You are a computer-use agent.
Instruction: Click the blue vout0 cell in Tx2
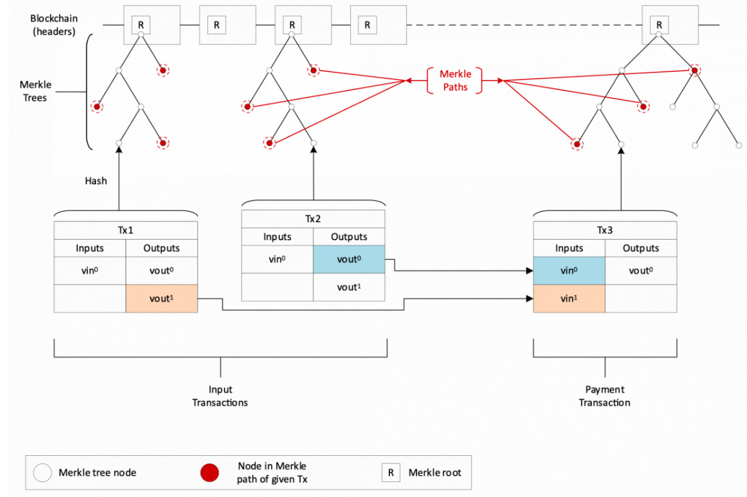[349, 259]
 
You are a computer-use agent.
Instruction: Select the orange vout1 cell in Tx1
[162, 299]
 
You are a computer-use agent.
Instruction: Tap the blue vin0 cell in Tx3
[569, 271]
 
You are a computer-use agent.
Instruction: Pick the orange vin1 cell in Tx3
[569, 299]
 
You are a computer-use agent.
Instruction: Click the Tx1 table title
[126, 230]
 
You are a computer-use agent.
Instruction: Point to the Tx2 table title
[313, 219]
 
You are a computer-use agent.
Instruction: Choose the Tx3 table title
[605, 230]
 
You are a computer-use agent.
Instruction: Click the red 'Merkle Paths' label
[455, 80]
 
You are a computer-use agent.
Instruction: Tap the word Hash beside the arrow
[96, 181]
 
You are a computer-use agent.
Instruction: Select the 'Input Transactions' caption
[220, 396]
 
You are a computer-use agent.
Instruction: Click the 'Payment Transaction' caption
[605, 396]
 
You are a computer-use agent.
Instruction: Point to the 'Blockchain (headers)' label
[53, 25]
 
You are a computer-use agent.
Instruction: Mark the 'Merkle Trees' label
[35, 91]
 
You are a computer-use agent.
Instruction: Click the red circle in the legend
[210, 473]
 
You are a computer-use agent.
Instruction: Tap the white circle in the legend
[42, 473]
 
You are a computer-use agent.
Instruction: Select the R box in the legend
[391, 473]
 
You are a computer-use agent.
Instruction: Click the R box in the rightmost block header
[659, 25]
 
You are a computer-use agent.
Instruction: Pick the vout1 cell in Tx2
[349, 287]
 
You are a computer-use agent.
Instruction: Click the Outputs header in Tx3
[641, 248]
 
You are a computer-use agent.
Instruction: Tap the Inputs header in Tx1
[90, 248]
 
